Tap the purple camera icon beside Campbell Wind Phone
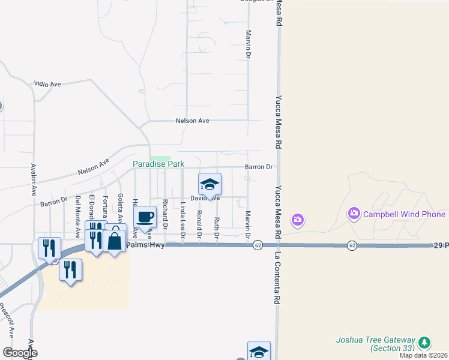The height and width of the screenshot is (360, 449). pos(354,214)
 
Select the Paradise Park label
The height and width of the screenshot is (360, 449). pos(158,164)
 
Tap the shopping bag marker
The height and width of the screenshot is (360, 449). pos(115,241)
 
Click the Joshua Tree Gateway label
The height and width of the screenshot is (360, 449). pos(374,343)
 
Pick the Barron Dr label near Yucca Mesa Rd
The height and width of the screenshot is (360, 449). pos(259,167)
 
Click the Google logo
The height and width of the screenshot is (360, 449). pos(19,353)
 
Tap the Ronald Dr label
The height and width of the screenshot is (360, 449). pos(199,224)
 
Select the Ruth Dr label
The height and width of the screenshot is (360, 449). pos(217,227)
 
